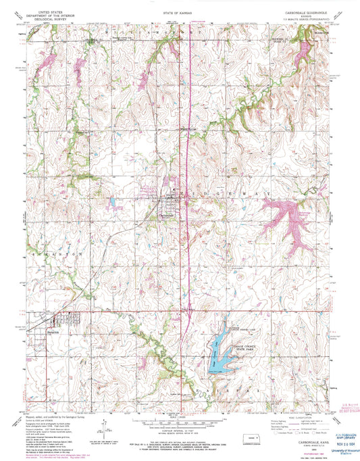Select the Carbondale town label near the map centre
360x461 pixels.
(168, 206)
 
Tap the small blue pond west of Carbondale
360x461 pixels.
(113, 201)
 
